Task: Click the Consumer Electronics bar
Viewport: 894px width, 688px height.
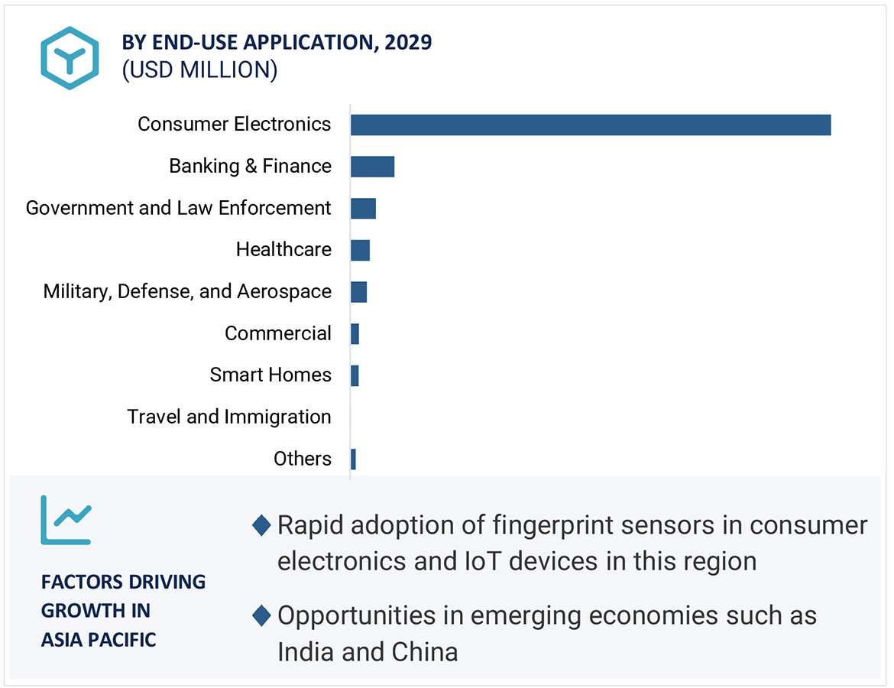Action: [590, 125]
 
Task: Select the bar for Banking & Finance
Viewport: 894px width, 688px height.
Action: [372, 167]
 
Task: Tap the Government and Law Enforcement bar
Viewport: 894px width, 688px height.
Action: [363, 208]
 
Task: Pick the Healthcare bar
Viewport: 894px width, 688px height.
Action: [360, 250]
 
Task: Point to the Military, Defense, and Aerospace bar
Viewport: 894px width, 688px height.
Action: [358, 292]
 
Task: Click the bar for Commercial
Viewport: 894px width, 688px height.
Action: [355, 334]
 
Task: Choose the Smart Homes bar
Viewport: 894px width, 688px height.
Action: [355, 375]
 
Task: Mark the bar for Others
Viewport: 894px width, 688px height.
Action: [353, 459]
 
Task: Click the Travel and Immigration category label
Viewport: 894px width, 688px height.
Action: [229, 417]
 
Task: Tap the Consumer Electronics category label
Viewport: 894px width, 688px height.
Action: [235, 124]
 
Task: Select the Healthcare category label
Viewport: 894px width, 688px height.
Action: [283, 249]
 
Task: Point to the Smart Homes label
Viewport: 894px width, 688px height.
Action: [270, 375]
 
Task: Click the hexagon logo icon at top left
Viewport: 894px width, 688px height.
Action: [70, 58]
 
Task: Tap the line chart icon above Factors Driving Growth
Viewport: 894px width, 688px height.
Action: [66, 520]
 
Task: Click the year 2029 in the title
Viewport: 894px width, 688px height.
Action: [408, 42]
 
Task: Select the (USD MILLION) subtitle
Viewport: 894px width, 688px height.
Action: [199, 70]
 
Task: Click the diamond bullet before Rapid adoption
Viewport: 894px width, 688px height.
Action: [261, 525]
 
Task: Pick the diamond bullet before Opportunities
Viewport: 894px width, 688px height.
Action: [261, 615]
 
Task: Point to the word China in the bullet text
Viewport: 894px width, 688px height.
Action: [424, 651]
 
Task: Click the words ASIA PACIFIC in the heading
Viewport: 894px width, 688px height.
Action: [99, 639]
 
